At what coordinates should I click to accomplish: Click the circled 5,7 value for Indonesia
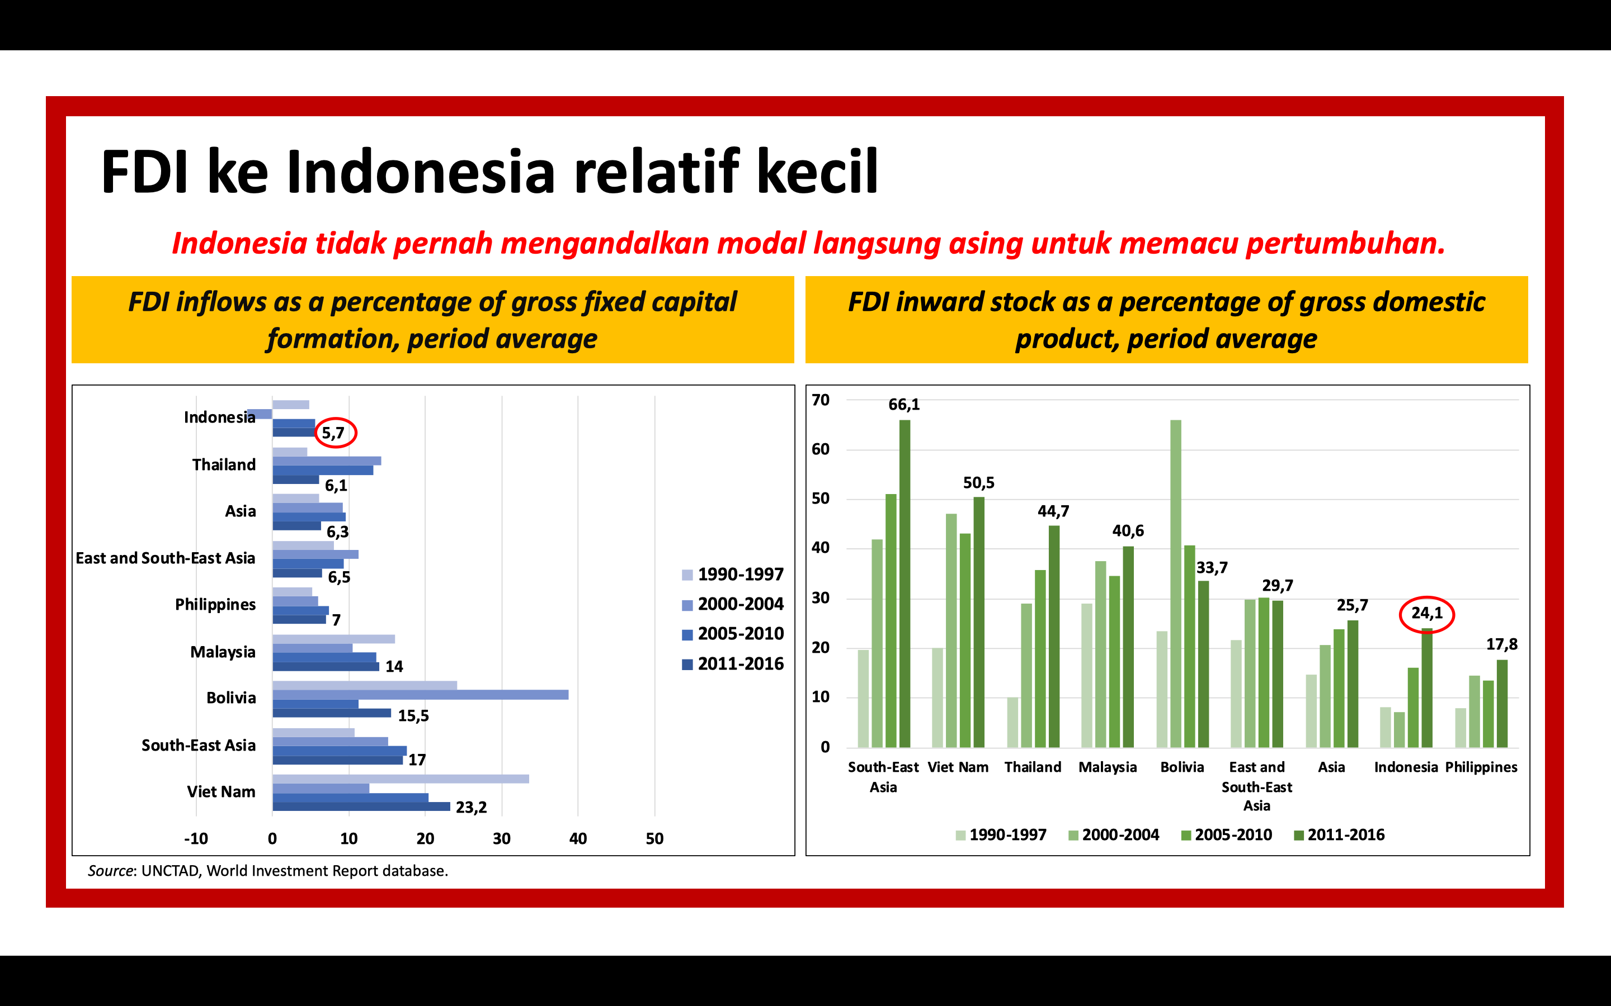[x=333, y=433]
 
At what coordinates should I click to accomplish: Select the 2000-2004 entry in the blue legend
[x=733, y=604]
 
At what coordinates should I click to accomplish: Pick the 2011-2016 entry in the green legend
[x=1339, y=835]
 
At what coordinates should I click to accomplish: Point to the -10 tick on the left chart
[x=196, y=839]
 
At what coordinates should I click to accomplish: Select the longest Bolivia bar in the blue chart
[x=420, y=695]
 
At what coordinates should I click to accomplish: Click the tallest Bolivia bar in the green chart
[x=1176, y=583]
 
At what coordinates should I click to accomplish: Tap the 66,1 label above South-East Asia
[x=904, y=405]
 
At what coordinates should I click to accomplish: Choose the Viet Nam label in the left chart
[x=221, y=792]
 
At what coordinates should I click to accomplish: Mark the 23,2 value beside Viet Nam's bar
[x=472, y=808]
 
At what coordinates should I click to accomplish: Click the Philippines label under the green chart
[x=1481, y=768]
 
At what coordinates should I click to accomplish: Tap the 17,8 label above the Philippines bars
[x=1502, y=644]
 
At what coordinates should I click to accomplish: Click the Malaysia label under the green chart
[x=1108, y=768]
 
